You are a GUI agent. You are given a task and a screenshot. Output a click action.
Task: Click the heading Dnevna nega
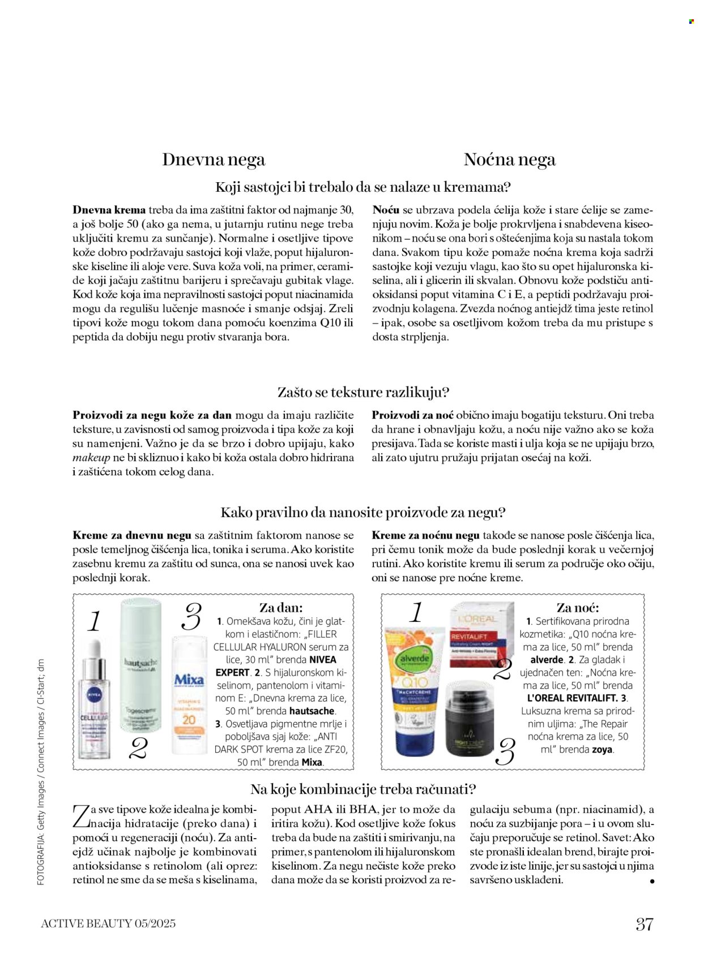pyautogui.click(x=213, y=160)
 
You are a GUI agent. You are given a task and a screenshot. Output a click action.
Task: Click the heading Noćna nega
pyautogui.click(x=509, y=160)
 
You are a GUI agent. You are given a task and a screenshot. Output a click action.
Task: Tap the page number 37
pyautogui.click(x=645, y=924)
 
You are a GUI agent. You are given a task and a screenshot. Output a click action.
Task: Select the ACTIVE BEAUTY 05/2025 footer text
pyautogui.click(x=108, y=923)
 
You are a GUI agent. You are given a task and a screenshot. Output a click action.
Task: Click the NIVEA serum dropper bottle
pyautogui.click(x=93, y=702)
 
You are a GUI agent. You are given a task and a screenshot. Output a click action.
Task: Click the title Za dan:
pyautogui.click(x=281, y=608)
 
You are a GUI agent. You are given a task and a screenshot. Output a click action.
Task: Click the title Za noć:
pyautogui.click(x=577, y=608)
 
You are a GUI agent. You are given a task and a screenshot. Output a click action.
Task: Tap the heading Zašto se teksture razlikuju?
pyautogui.click(x=363, y=392)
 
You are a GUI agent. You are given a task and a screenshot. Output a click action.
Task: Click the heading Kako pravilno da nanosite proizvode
pyautogui.click(x=362, y=513)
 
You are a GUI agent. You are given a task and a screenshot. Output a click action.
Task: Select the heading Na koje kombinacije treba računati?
pyautogui.click(x=363, y=789)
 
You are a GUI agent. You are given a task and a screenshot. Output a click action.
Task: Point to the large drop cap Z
pyautogui.click(x=80, y=816)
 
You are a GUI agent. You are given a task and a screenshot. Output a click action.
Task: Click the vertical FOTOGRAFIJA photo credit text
pyautogui.click(x=41, y=772)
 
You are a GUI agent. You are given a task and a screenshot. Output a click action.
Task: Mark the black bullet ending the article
pyautogui.click(x=652, y=881)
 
